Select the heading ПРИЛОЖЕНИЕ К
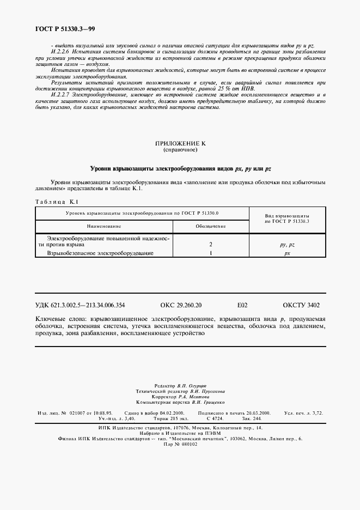(180, 143)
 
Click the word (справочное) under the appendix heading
(180, 149)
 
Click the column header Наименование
(103, 226)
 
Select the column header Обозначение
(210, 226)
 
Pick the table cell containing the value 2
(210, 245)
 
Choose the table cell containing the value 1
(210, 253)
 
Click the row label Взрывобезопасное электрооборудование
(100, 253)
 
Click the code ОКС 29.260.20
(181, 306)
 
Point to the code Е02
(242, 306)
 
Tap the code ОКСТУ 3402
(301, 306)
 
